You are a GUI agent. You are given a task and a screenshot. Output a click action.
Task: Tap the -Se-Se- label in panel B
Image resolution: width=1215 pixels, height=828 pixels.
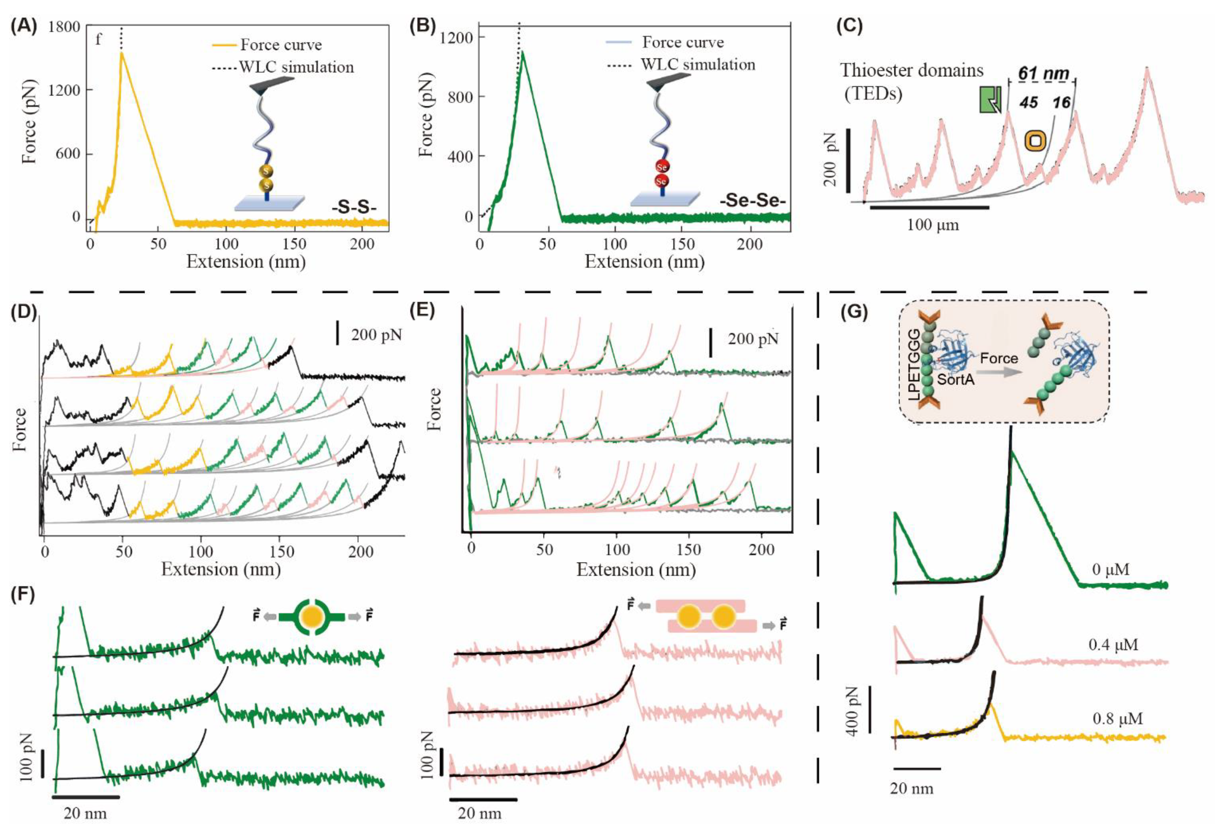point(753,201)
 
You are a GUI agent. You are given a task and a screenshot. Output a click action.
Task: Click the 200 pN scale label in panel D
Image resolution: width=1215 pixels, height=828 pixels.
point(376,335)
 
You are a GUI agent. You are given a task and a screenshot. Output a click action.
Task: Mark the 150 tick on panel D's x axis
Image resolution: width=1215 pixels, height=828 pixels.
point(282,552)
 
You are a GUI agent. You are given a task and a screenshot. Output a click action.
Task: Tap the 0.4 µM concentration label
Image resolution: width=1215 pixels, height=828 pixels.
point(1113,645)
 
